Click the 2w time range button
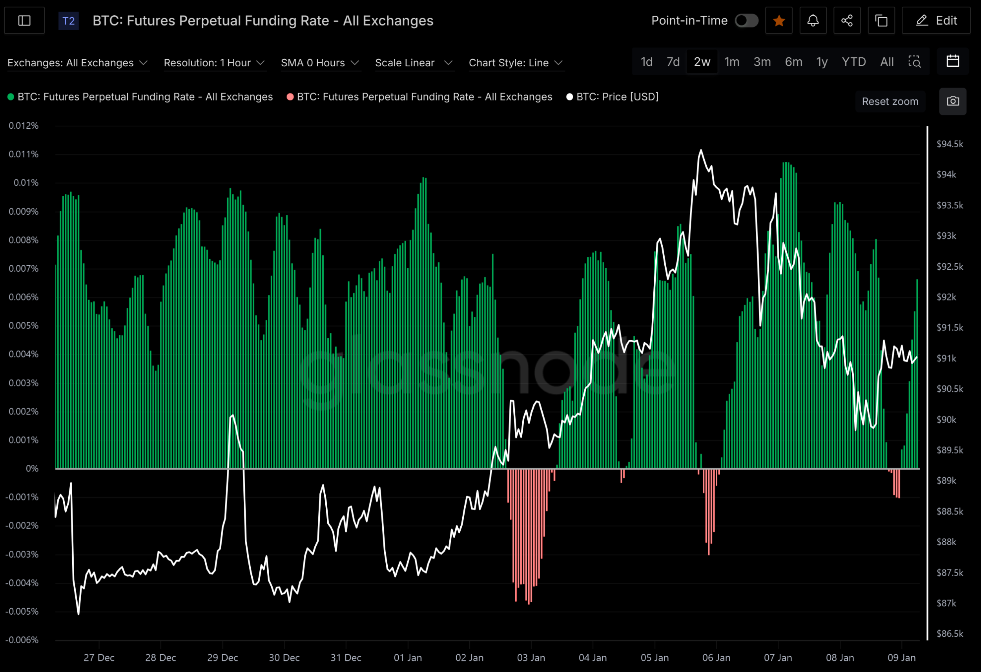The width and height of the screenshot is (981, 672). click(x=702, y=62)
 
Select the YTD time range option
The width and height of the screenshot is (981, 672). click(x=853, y=62)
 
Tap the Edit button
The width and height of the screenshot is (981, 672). click(x=936, y=21)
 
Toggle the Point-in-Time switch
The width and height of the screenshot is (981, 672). click(x=746, y=21)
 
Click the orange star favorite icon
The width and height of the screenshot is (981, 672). click(x=779, y=21)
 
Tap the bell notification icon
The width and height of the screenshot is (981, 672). click(x=813, y=21)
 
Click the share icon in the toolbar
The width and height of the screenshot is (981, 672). click(x=847, y=21)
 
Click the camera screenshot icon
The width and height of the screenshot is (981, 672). click(x=952, y=101)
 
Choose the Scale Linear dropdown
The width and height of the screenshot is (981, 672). click(x=414, y=63)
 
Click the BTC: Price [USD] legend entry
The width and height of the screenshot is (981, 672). click(x=613, y=97)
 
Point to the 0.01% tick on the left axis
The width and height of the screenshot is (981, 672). click(x=26, y=183)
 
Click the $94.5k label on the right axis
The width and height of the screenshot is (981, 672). click(x=950, y=144)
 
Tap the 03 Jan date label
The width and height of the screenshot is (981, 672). click(x=531, y=657)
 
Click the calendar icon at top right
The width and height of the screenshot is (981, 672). click(x=952, y=61)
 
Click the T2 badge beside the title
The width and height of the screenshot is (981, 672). click(x=68, y=21)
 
